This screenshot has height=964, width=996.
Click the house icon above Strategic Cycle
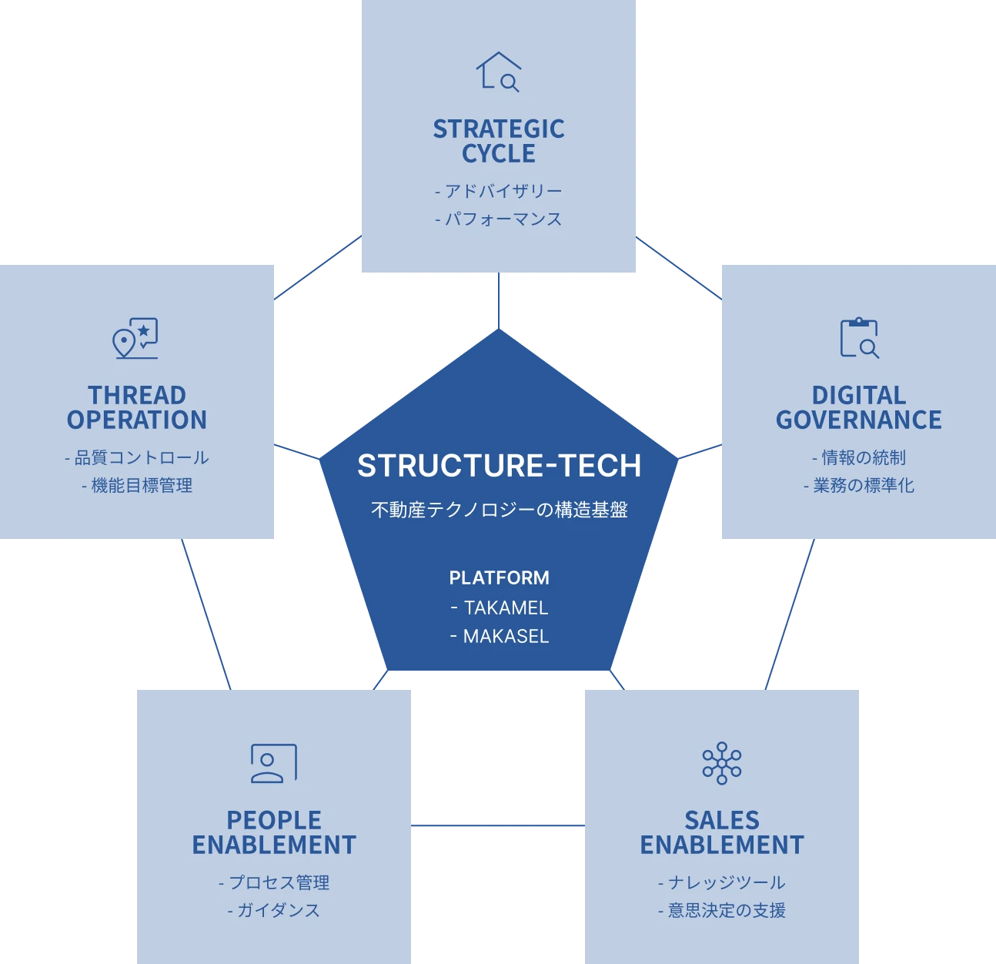point(498,72)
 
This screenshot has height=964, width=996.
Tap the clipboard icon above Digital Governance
point(859,338)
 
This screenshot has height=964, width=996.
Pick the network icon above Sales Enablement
point(721,763)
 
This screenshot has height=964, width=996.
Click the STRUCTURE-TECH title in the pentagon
point(499,466)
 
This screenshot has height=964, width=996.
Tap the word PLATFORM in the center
point(499,577)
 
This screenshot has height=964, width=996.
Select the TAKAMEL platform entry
point(506,608)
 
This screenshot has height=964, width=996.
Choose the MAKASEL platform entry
point(506,636)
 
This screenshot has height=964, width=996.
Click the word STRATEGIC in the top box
point(499,129)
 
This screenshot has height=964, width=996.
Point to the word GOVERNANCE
point(858,420)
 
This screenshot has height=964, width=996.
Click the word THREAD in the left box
point(137,395)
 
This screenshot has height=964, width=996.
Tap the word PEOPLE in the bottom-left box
point(274,820)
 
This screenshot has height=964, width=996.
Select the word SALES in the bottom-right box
point(722,820)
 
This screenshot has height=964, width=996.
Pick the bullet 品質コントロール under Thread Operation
point(142,457)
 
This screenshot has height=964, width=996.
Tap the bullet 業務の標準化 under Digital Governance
point(864,485)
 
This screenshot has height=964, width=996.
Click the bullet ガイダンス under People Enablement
point(278,910)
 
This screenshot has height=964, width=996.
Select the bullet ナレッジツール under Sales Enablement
point(727,882)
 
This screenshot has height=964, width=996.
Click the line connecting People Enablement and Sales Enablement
point(498,825)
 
